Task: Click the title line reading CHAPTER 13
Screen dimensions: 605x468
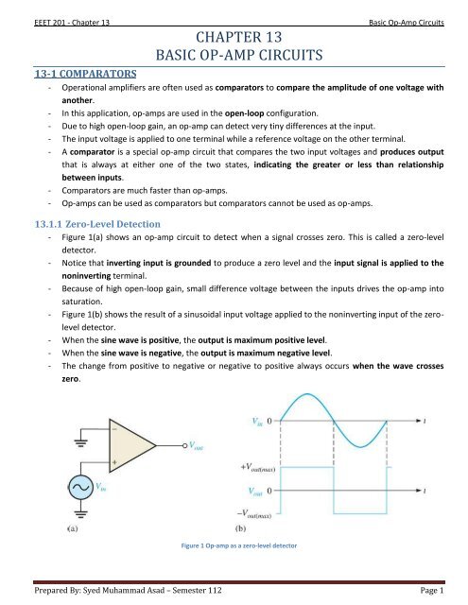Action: pyautogui.click(x=234, y=37)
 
